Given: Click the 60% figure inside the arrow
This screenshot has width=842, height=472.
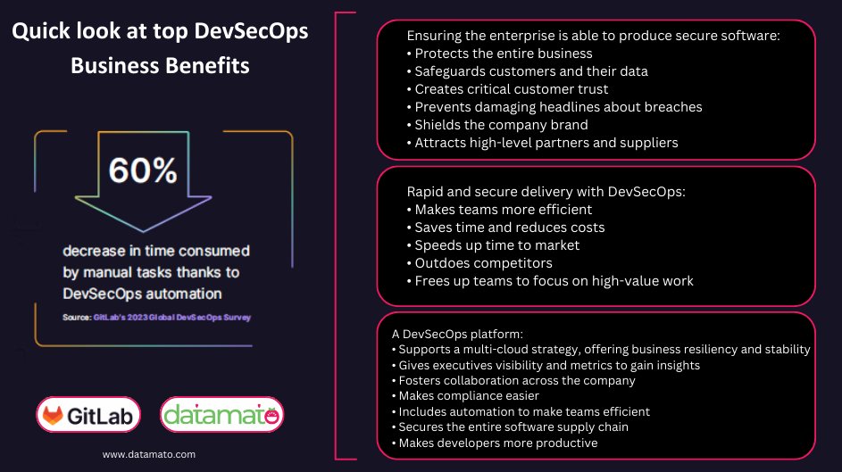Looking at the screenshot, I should pyautogui.click(x=143, y=170).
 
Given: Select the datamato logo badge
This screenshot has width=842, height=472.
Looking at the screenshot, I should pyautogui.click(x=222, y=414).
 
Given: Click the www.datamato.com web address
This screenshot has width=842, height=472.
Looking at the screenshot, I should pyautogui.click(x=149, y=454).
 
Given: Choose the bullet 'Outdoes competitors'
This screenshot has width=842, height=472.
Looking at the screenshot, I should pyautogui.click(x=484, y=263).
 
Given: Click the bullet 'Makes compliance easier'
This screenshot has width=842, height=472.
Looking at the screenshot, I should pyautogui.click(x=469, y=396).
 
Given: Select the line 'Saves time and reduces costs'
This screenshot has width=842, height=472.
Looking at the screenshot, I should pyautogui.click(x=509, y=228).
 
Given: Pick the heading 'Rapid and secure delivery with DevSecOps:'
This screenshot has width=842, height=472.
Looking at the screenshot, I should pyautogui.click(x=546, y=191).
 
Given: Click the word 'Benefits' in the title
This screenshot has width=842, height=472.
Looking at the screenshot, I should pyautogui.click(x=205, y=66).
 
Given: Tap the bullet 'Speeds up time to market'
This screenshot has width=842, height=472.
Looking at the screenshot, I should pyautogui.click(x=496, y=245).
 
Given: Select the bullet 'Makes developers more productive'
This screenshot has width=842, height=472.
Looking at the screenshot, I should pyautogui.click(x=498, y=443).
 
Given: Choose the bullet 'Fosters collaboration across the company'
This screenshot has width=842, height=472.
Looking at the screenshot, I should pyautogui.click(x=517, y=380).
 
